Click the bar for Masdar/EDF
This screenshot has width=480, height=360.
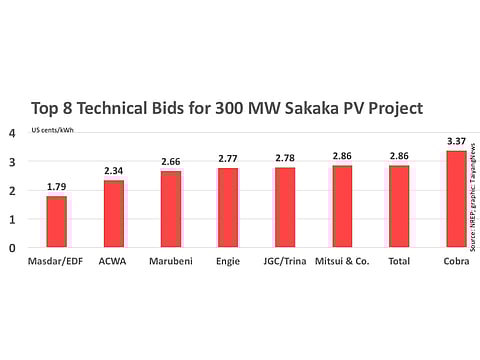56,221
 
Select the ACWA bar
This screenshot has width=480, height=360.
113,213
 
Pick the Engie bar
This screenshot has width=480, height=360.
228,207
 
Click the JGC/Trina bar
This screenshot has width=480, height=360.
285,207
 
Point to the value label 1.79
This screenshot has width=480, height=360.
56,187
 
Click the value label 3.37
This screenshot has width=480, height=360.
455,141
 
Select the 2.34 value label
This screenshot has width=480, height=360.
113,171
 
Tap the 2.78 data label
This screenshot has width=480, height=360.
285,158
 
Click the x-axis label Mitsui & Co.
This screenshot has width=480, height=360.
342,261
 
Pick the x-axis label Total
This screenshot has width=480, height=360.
399,261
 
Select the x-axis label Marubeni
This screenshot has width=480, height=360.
171,261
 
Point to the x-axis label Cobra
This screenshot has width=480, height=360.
455,261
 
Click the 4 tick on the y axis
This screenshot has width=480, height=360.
13,133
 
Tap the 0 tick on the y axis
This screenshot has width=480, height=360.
13,248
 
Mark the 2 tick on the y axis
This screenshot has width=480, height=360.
13,190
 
